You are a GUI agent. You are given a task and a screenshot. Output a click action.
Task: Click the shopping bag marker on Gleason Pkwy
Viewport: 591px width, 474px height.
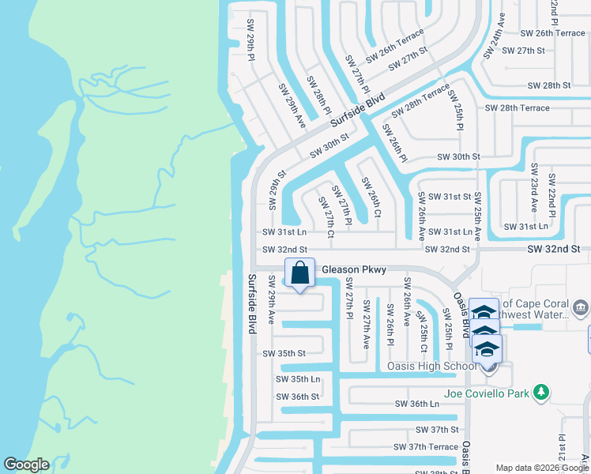coord(299,274)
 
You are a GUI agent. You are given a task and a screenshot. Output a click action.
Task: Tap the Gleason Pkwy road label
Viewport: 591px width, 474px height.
coord(354,270)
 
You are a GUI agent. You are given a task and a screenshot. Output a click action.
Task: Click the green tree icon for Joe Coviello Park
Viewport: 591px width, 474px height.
coord(540,392)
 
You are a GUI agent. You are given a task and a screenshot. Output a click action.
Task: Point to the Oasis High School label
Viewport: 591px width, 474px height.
coord(430,366)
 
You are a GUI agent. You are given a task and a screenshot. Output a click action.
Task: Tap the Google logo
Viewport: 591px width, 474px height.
coord(26,465)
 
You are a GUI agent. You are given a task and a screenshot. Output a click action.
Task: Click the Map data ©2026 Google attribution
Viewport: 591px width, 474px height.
coord(542,468)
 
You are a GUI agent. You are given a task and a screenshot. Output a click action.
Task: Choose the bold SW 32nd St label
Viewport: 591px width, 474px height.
coord(554,249)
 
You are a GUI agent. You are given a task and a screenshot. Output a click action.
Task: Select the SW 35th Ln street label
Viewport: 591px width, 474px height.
coord(298,379)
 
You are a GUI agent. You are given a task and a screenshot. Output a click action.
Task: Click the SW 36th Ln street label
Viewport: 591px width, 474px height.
coord(417,404)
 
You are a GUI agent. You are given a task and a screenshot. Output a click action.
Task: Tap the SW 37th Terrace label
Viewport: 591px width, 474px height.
coord(426,447)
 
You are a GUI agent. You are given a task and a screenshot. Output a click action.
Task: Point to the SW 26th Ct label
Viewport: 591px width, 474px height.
coord(371,197)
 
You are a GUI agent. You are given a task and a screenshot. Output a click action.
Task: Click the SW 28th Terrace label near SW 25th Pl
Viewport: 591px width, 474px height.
coord(517,107)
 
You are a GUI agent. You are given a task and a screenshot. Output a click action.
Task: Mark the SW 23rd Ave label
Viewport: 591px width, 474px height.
coord(534,188)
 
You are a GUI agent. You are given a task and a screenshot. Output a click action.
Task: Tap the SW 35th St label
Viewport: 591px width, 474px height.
coord(284,353)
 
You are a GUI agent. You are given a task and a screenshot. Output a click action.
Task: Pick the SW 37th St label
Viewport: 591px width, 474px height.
coord(437,430)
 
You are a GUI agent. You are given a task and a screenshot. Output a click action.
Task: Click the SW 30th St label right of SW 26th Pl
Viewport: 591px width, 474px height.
coord(458,157)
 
